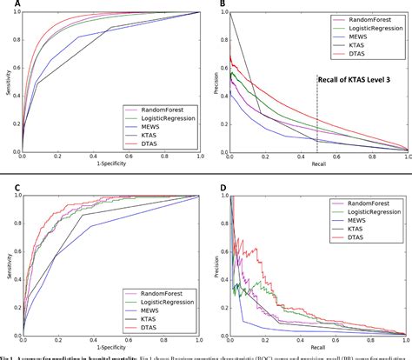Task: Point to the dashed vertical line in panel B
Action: [317, 122]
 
